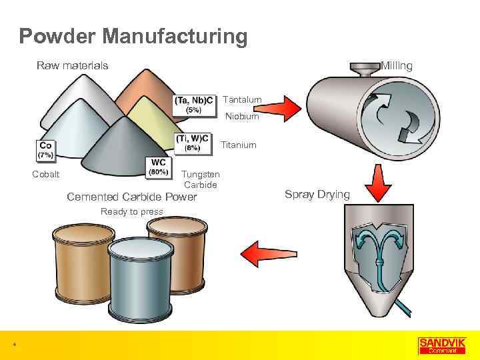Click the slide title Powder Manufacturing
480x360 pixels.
[x=133, y=36]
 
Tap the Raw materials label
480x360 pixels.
[x=72, y=65]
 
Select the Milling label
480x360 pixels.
[x=397, y=65]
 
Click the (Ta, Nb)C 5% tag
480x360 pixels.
[x=195, y=105]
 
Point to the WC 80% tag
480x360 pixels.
[x=158, y=167]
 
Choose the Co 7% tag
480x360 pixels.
[x=46, y=149]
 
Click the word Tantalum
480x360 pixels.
[x=242, y=100]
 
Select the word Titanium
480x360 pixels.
[x=238, y=145]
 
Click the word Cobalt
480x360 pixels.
[x=46, y=175]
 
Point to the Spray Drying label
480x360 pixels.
[x=317, y=195]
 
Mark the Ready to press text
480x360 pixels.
[x=131, y=211]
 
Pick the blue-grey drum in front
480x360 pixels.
[x=141, y=279]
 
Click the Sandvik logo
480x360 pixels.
[x=437, y=345]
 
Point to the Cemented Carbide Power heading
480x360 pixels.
[x=132, y=197]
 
